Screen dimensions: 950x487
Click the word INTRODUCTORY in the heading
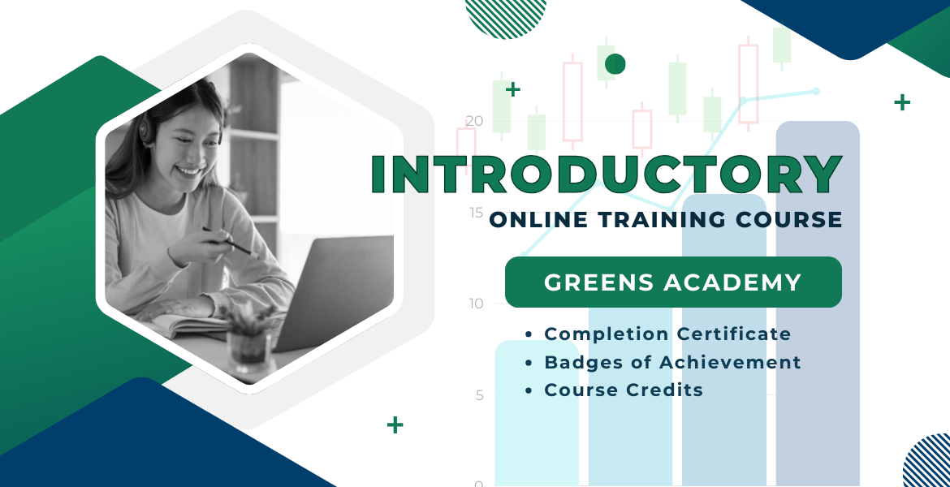click(607, 175)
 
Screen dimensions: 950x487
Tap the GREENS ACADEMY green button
click(673, 282)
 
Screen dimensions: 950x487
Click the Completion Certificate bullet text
click(667, 334)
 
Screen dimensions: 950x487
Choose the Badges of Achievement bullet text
click(672, 362)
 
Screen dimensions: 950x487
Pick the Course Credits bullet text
click(624, 390)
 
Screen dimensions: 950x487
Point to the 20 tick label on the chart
click(475, 121)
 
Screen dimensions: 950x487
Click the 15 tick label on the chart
click(476, 213)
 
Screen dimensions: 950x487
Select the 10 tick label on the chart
click(476, 304)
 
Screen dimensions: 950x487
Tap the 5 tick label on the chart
click(479, 395)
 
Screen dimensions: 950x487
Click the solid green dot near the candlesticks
click(615, 63)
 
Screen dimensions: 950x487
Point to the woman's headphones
click(147, 128)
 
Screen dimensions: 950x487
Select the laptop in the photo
click(330, 291)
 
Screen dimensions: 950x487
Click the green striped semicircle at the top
click(505, 18)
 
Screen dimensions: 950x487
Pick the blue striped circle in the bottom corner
click(928, 462)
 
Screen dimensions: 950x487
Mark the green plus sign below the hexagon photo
click(395, 425)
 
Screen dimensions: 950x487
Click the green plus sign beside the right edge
click(902, 102)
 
